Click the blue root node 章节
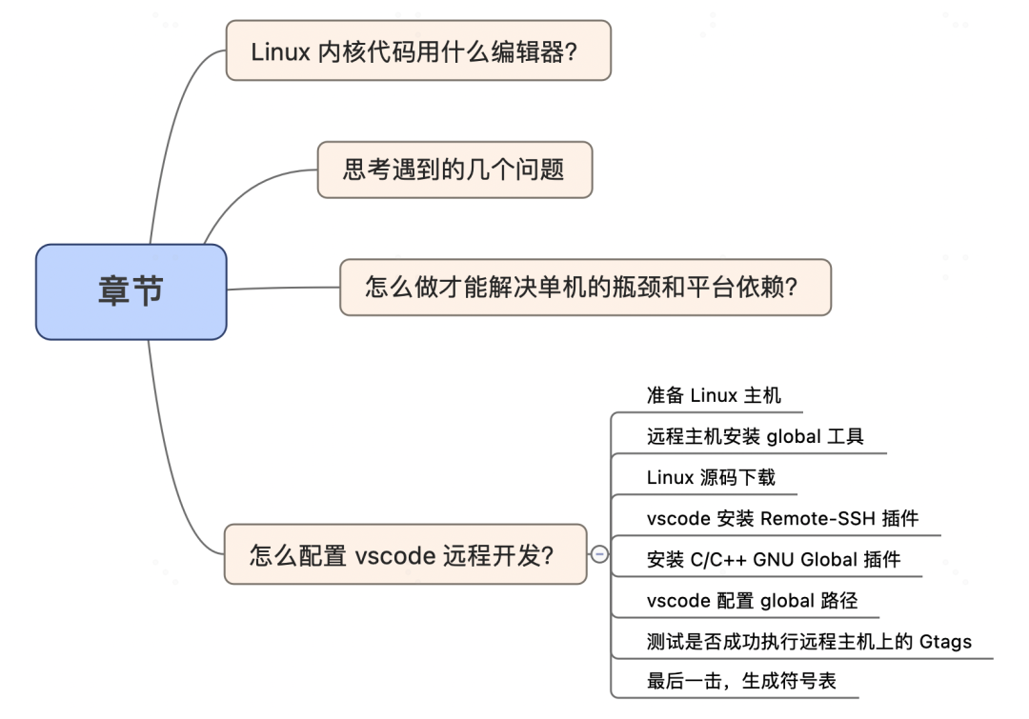coord(131,291)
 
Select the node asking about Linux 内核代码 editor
coord(417,50)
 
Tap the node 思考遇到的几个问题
coord(454,170)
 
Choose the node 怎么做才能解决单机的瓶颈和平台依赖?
coord(585,287)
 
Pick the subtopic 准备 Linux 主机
coord(713,395)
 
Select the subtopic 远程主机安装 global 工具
coord(755,437)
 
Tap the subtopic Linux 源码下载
coord(711,477)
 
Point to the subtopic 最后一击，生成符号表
coord(741,681)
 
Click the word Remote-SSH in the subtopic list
coord(812,518)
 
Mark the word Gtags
coord(945,641)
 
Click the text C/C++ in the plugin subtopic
coord(717,559)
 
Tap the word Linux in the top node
coord(280,51)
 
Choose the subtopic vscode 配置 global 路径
coord(752,600)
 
